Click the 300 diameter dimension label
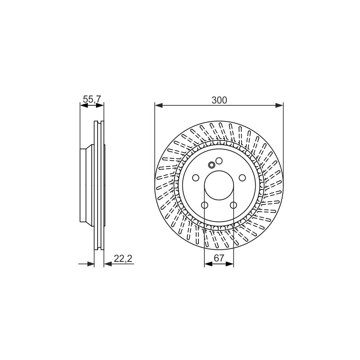click(219, 100)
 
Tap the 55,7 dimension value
click(92, 99)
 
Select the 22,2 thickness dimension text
click(123, 259)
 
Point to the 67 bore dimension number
click(219, 258)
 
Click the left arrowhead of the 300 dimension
click(159, 105)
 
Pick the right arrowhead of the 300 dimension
click(279, 105)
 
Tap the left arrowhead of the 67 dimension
click(208, 264)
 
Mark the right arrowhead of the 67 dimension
click(229, 264)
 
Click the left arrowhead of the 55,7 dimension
click(84, 105)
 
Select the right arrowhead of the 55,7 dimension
click(100, 105)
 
